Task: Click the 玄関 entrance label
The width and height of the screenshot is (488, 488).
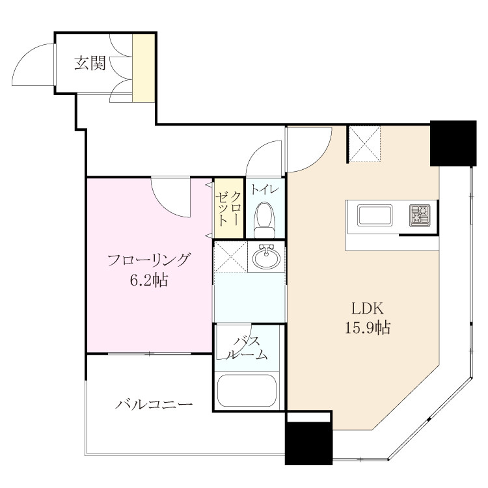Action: coord(90,63)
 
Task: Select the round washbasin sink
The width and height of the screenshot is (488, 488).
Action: coord(266,256)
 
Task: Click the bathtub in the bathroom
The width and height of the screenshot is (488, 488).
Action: coord(247,390)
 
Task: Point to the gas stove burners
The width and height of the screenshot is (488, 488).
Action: coord(420,215)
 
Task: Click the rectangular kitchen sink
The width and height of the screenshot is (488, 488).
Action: coord(375,215)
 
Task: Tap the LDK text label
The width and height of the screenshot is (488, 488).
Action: coord(368,308)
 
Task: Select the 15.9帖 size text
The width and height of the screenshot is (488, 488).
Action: coord(368,328)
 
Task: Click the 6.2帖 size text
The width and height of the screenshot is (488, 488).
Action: coord(149,280)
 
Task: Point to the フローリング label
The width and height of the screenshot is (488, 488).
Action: coord(149,260)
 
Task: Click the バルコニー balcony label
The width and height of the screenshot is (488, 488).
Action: coord(154,404)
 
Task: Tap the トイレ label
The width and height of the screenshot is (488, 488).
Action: coord(264,189)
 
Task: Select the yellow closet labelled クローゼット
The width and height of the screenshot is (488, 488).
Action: coord(229,208)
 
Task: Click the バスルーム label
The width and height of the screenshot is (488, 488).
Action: coord(247,348)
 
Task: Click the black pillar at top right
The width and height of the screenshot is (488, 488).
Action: coord(453,143)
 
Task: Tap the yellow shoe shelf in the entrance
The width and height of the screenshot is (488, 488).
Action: coord(144,68)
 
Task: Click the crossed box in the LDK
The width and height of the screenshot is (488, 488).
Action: coord(364,144)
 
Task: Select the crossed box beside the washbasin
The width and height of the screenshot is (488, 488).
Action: coord(231,256)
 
